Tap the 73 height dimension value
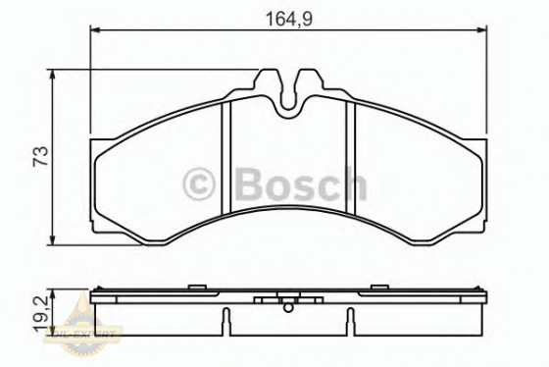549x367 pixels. (x=39, y=157)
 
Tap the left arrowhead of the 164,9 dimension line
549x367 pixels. (x=95, y=30)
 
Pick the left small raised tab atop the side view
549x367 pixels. (x=196, y=288)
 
